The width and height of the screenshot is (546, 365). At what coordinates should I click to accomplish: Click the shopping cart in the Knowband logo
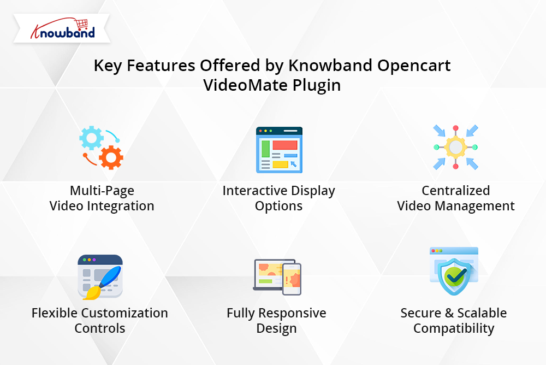81,24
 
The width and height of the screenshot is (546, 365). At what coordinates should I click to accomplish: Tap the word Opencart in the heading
414,66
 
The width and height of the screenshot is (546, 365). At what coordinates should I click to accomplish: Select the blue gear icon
91,138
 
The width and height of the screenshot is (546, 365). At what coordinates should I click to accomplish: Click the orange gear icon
111,157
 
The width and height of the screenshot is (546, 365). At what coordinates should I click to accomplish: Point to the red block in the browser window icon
285,145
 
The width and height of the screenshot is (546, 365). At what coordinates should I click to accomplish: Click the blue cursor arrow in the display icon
294,164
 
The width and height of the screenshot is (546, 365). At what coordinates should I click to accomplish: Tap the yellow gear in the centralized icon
455,147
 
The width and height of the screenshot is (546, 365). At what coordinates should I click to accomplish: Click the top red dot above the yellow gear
455,128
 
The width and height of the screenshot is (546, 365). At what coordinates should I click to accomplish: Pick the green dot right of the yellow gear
474,147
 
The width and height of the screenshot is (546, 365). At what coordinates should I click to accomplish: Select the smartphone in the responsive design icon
292,279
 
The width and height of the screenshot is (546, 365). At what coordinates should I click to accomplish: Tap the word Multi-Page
102,191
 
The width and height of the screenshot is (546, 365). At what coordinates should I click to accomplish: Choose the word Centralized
456,191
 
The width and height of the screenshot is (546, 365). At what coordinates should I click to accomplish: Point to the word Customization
124,313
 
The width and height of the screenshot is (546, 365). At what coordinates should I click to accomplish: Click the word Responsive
292,314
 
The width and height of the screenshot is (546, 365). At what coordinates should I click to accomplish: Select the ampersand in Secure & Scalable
449,313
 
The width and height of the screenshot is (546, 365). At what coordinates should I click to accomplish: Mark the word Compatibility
454,329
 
